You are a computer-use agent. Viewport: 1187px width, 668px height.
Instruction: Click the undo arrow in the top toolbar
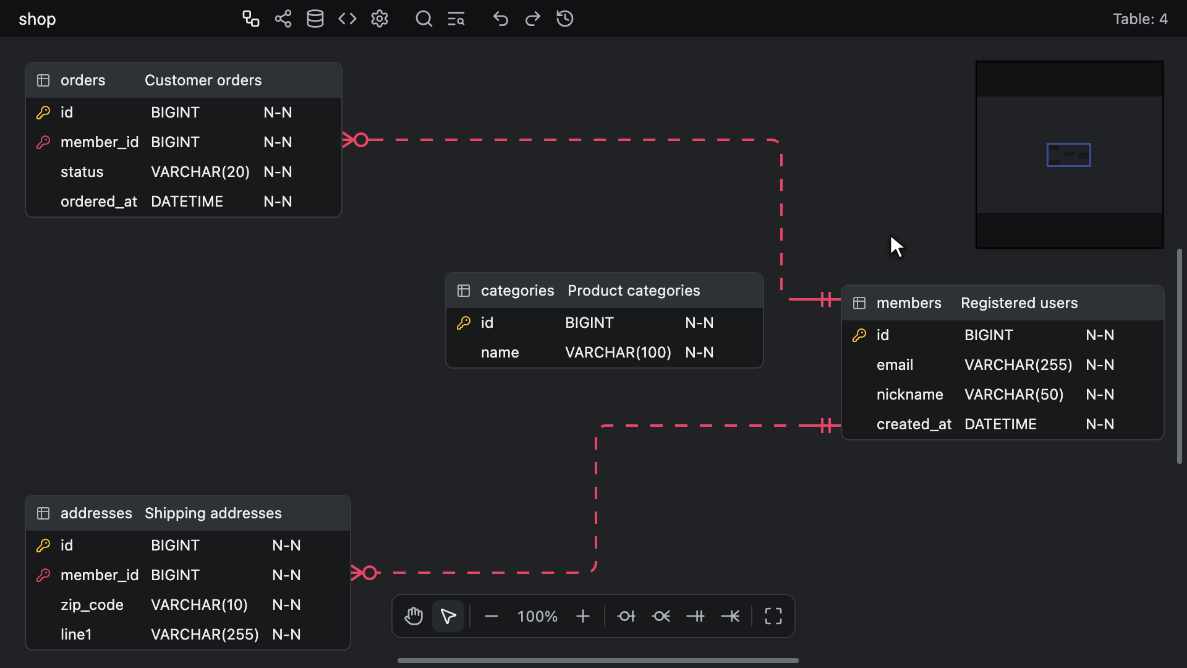pos(500,19)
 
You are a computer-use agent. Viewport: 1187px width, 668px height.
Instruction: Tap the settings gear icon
pos(380,19)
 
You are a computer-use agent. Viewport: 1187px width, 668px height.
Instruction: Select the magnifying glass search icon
pos(423,19)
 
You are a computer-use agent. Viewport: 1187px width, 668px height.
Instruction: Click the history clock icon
pos(564,19)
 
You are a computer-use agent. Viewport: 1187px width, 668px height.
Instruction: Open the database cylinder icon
pos(315,19)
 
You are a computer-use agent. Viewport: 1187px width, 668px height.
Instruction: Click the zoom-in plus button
pos(582,617)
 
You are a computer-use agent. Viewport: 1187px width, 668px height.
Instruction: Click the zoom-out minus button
pos(491,617)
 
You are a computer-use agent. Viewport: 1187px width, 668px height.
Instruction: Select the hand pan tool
pos(414,617)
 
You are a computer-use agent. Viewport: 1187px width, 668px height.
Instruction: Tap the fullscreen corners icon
pos(773,617)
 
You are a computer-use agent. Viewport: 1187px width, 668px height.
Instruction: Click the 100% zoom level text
pos(537,617)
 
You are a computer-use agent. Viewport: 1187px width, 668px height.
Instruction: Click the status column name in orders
pos(82,172)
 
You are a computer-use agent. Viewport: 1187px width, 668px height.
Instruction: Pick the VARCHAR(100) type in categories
pos(618,353)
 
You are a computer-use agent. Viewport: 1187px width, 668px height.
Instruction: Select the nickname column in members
pos(910,395)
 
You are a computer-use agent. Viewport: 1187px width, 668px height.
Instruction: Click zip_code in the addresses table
pos(92,605)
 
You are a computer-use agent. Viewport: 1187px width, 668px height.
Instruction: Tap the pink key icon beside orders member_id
pos(43,142)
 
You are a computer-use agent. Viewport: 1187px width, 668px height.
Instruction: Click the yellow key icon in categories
pos(464,323)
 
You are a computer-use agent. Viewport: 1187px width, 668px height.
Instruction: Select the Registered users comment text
pos(1019,303)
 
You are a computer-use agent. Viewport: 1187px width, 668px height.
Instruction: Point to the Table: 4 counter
pos(1141,19)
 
